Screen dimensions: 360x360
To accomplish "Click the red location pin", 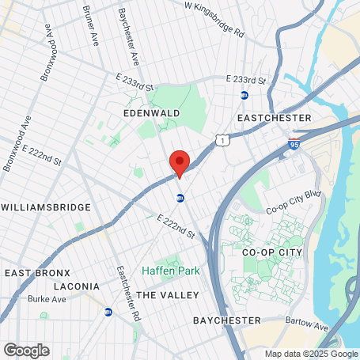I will [x=180, y=163].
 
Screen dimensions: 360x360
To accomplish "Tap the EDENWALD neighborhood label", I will [x=152, y=114].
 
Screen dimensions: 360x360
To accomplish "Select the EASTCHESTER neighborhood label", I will [x=274, y=118].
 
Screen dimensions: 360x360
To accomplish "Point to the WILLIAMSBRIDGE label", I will [x=46, y=207].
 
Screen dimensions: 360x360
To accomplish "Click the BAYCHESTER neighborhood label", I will [x=227, y=320].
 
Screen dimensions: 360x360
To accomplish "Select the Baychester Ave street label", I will [x=129, y=37].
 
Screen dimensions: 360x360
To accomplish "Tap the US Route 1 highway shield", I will [x=225, y=139].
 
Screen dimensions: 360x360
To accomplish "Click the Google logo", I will [x=26, y=350].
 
